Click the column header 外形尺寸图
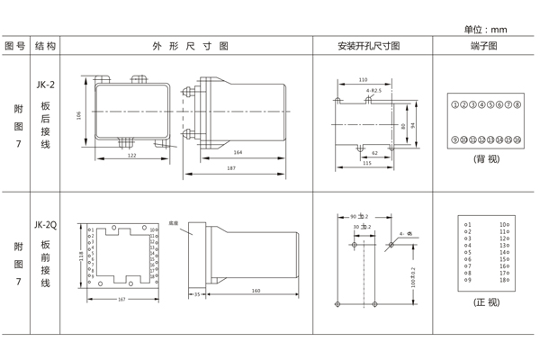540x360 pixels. click(190, 45)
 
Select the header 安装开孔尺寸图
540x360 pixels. click(368, 45)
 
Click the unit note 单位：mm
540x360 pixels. click(485, 29)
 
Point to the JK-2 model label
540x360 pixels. click(45, 85)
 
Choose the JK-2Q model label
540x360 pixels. click(46, 224)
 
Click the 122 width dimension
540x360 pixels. click(131, 156)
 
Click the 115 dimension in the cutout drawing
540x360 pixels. click(366, 164)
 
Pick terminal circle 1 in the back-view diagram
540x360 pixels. click(454, 104)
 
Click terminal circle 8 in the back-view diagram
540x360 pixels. click(518, 104)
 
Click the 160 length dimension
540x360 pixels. click(256, 291)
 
